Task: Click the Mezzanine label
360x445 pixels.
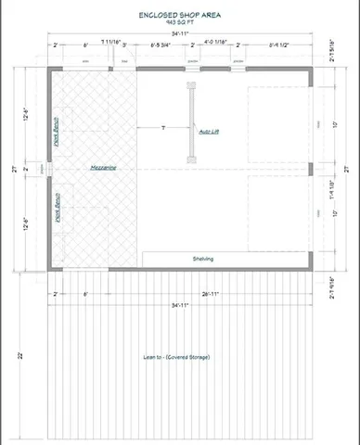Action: pos(103,168)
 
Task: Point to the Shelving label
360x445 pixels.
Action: pos(203,259)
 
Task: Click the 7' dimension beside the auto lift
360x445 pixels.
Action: pos(163,126)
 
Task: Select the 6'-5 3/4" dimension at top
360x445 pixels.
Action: pos(161,44)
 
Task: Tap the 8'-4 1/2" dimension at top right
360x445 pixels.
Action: pos(277,44)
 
